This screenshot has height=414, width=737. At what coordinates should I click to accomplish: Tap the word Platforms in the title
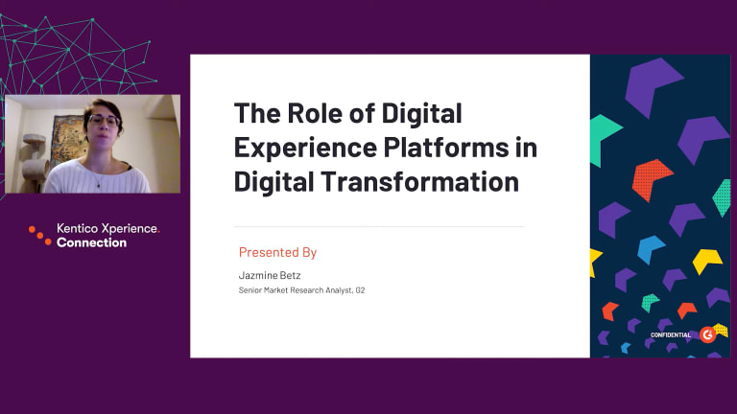446,148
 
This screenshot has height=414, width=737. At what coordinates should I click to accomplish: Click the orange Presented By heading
277,252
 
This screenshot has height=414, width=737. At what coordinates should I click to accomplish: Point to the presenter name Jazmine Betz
270,275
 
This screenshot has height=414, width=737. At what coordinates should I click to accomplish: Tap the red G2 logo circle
707,334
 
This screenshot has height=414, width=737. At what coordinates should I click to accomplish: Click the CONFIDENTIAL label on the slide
670,335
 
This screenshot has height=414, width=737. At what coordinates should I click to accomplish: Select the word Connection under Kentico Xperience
92,242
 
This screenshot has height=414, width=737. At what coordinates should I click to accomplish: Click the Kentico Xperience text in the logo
107,229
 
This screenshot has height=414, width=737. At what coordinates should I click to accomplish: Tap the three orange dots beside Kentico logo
40,236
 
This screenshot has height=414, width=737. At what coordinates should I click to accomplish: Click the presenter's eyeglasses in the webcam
105,121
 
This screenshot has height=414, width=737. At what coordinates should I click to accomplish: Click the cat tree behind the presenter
35,160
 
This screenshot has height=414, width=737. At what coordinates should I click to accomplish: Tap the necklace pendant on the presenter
99,186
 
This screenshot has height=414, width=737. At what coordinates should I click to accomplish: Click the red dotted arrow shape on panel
651,179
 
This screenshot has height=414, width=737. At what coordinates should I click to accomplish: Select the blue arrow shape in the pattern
650,248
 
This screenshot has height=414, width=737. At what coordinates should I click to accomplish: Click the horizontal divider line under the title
379,226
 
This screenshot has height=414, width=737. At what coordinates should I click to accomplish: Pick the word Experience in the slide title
305,148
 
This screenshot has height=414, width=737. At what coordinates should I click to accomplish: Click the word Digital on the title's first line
421,113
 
